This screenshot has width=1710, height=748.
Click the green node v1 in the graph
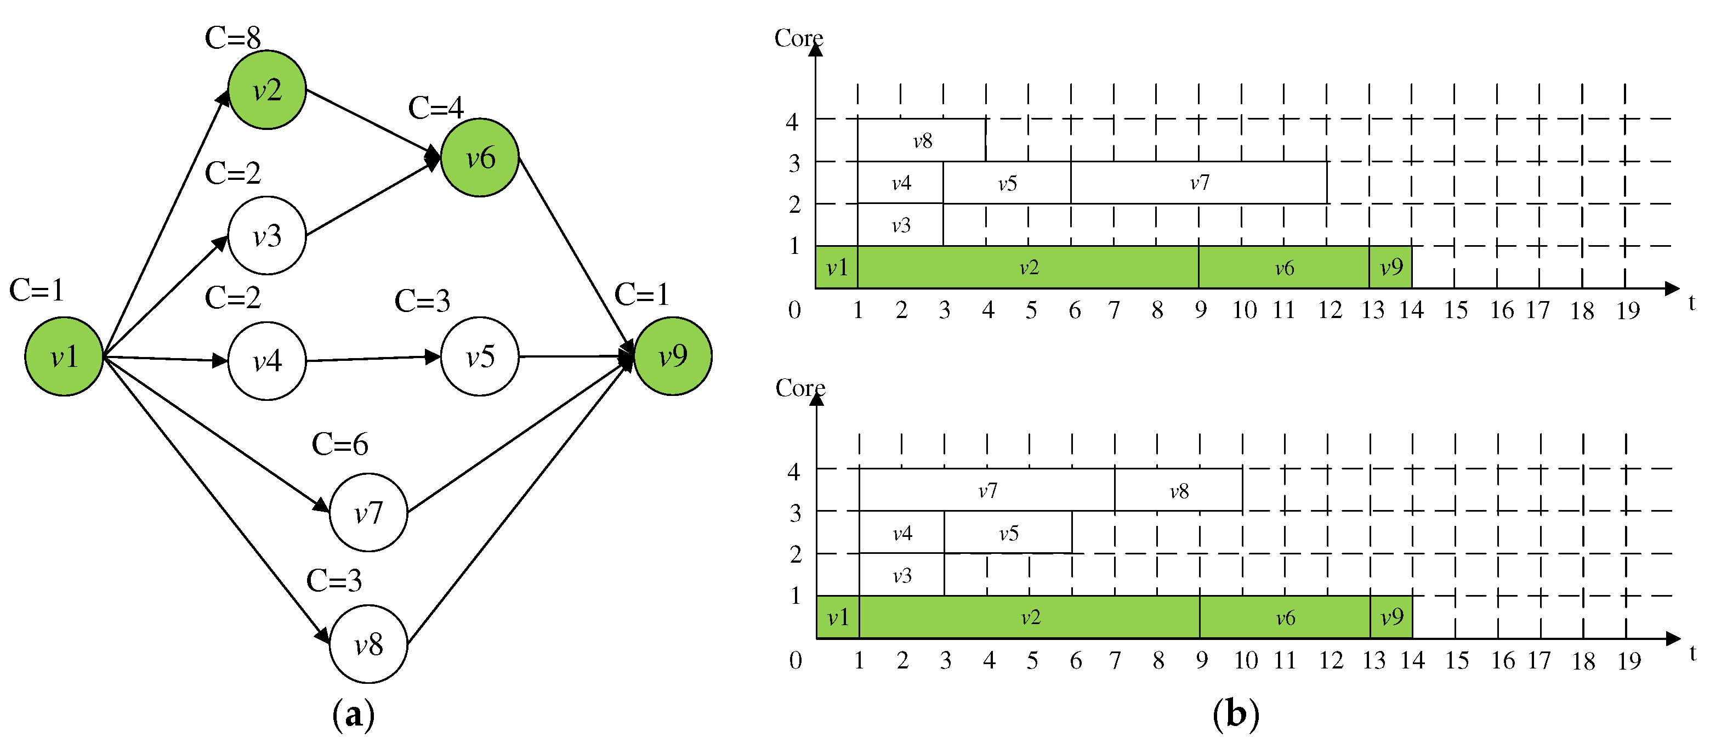(64, 356)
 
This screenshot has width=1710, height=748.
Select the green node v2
(267, 89)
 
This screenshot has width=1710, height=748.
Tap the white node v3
(267, 236)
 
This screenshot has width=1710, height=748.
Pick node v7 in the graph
(368, 512)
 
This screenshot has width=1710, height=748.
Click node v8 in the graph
(368, 644)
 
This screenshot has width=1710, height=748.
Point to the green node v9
(673, 356)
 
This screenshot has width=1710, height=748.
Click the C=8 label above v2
(232, 38)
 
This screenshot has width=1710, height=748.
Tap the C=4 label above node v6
(435, 107)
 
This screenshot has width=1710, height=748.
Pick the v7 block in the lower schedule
(987, 490)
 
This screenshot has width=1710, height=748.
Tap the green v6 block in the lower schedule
(1285, 618)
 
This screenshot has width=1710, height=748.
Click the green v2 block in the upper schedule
(1029, 268)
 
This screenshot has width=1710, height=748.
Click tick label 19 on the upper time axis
(1627, 310)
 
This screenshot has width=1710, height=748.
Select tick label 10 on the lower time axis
(1245, 660)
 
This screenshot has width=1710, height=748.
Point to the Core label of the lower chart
(800, 388)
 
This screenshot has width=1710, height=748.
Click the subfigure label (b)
(1235, 715)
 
